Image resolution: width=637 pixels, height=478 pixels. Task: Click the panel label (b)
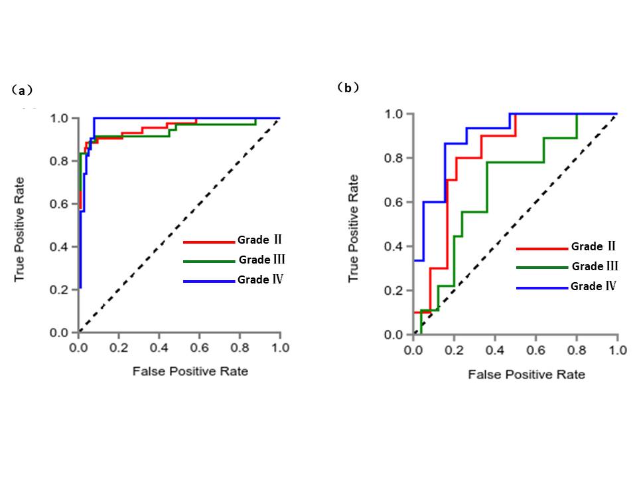click(348, 87)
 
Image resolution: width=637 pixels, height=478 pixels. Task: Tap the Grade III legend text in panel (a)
click(263, 260)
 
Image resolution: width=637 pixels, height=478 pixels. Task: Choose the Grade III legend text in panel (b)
click(595, 266)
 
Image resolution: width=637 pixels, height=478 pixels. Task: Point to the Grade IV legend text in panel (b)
click(593, 287)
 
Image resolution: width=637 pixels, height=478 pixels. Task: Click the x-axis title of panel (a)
click(190, 371)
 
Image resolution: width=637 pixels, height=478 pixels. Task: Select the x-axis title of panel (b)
click(527, 374)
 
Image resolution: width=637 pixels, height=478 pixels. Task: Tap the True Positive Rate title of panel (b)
click(353, 228)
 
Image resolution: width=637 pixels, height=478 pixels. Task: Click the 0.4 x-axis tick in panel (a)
click(159, 347)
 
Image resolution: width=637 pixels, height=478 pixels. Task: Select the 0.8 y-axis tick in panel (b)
click(395, 158)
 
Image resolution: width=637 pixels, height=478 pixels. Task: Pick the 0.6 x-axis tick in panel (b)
click(535, 350)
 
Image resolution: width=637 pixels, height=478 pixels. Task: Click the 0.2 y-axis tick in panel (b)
click(395, 291)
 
